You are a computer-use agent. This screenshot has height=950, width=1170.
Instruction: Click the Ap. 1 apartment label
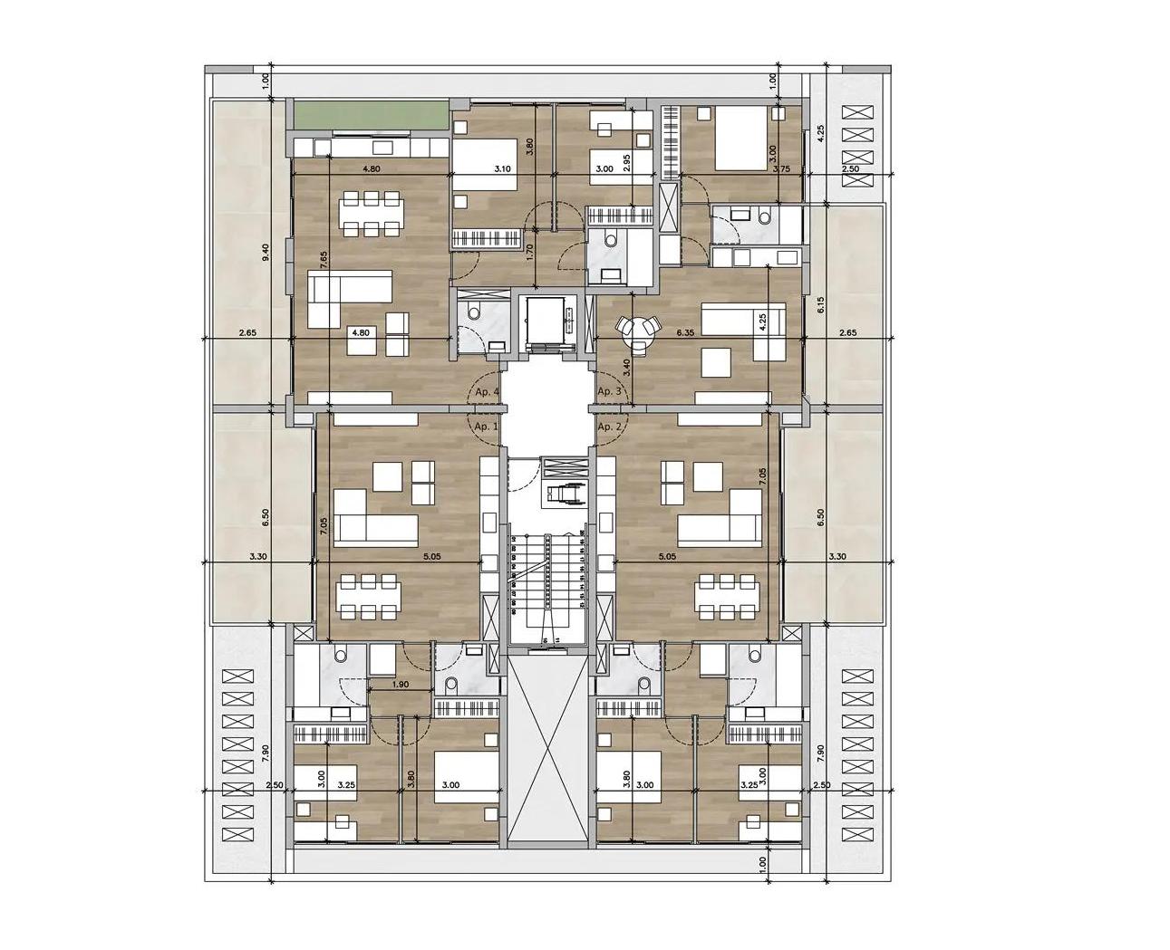(486, 426)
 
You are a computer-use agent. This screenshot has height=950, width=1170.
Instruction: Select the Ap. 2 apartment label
(609, 426)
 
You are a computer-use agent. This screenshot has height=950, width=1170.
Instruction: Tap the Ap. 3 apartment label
(609, 391)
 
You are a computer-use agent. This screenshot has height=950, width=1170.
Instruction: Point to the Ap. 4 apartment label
(488, 391)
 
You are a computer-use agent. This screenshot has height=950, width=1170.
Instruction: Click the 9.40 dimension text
(266, 254)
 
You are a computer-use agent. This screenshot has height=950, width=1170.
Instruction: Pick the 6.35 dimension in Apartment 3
(685, 332)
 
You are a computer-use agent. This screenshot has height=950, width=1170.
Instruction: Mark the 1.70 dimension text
(530, 247)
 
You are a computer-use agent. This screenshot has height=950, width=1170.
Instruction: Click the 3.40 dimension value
(626, 368)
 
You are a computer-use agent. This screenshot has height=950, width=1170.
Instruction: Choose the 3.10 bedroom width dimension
(503, 168)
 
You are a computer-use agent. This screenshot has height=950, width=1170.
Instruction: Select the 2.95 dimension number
(626, 164)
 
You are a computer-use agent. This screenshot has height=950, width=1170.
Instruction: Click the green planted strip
(370, 116)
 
